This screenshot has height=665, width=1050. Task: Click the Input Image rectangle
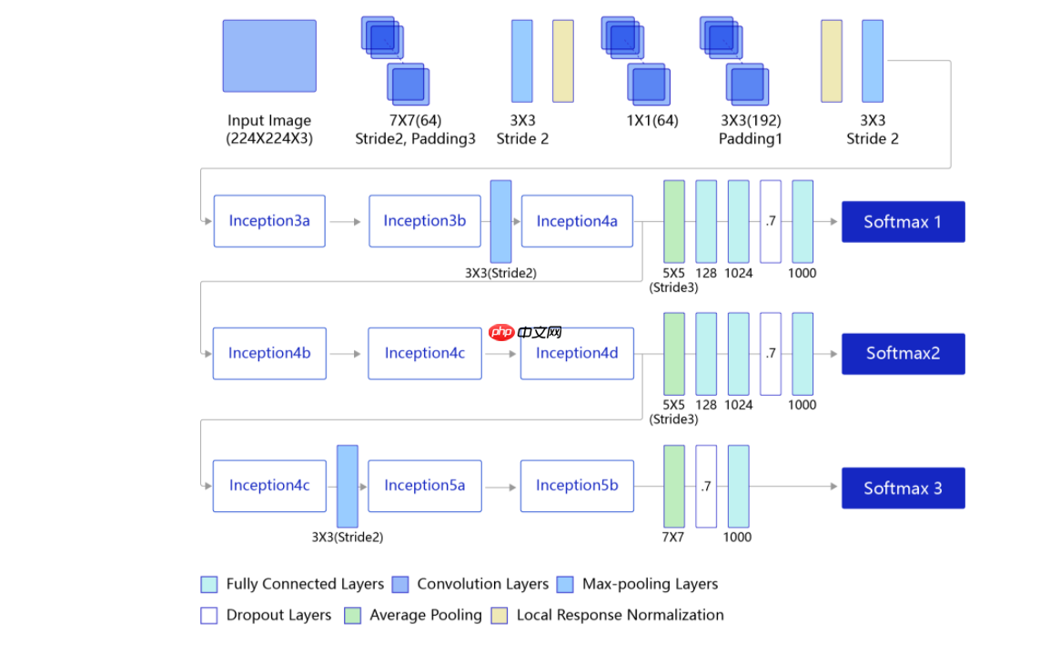point(269,56)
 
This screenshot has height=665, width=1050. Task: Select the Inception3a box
point(269,221)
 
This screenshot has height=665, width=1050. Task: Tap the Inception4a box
point(577,221)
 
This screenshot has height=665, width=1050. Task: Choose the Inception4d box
point(577,353)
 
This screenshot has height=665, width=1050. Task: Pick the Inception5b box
point(577,486)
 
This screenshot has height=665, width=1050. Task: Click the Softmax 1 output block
point(903,222)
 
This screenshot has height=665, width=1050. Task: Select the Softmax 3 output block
point(903,489)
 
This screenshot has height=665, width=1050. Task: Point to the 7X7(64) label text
point(415,120)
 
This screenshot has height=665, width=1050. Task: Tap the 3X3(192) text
point(751,120)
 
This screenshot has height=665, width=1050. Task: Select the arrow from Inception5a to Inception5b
point(500,487)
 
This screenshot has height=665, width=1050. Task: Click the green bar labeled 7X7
point(673,486)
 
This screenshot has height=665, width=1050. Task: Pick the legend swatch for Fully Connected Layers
point(209,584)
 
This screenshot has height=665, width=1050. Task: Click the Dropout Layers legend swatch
point(209,615)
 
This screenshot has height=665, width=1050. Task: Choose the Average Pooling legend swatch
point(353,615)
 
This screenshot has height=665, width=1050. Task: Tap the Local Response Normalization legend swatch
point(500,615)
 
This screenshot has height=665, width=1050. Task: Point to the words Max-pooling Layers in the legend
point(650,584)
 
